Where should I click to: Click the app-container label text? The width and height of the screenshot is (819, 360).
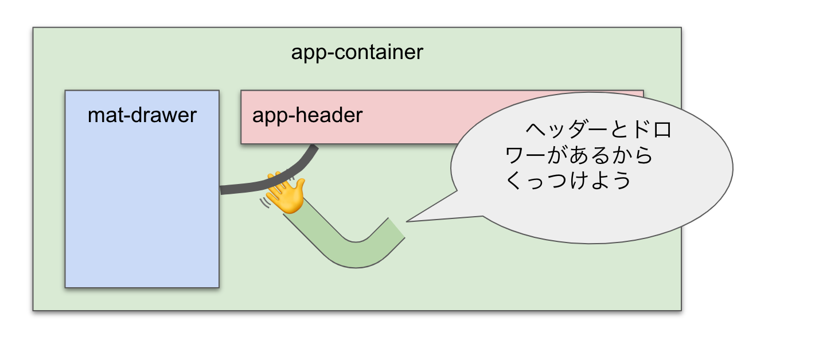(x=357, y=53)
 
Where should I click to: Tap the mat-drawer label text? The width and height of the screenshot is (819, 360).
(x=142, y=116)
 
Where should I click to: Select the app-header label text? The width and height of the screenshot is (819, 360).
(x=307, y=115)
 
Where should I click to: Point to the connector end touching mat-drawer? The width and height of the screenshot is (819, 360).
(x=223, y=190)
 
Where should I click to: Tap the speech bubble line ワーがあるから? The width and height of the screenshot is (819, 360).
(x=579, y=156)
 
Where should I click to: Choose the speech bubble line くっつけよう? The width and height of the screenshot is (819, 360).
(x=568, y=181)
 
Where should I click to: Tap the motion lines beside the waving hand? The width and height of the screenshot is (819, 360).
(x=265, y=202)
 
